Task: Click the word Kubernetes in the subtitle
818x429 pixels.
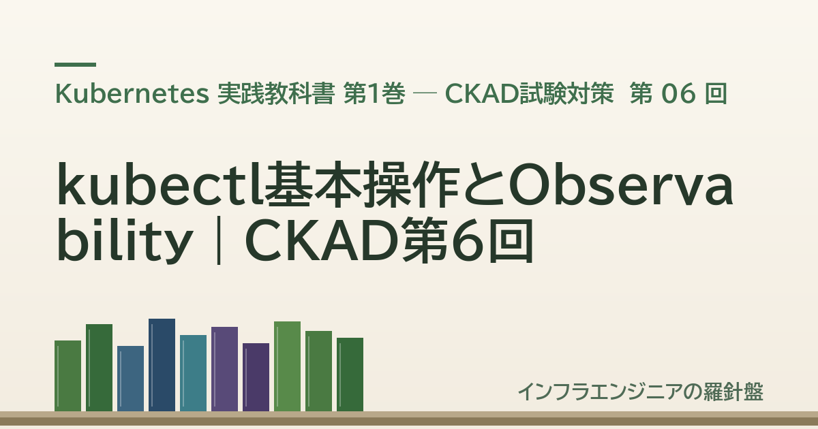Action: click(132, 94)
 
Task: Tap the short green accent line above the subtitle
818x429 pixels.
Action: click(75, 65)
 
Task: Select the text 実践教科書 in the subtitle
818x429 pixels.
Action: click(276, 94)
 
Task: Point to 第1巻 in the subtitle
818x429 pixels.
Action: click(374, 94)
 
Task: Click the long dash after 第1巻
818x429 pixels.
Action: click(425, 93)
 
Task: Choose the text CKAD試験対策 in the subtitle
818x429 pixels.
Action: click(530, 94)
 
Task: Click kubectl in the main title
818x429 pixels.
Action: click(160, 185)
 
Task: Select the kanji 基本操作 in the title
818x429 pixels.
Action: click(362, 185)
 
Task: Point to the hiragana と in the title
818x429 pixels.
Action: click(483, 185)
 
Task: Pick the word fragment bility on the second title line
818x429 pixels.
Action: click(125, 241)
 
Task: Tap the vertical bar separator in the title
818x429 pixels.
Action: click(219, 240)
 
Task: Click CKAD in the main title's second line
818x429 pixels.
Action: click(323, 241)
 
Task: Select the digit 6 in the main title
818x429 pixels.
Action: click(468, 241)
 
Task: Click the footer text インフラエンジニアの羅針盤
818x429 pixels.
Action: click(641, 392)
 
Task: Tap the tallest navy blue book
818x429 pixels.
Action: click(162, 365)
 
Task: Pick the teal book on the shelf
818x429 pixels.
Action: click(193, 373)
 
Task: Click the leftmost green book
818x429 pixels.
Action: click(68, 376)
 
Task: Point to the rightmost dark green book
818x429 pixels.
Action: click(350, 375)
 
